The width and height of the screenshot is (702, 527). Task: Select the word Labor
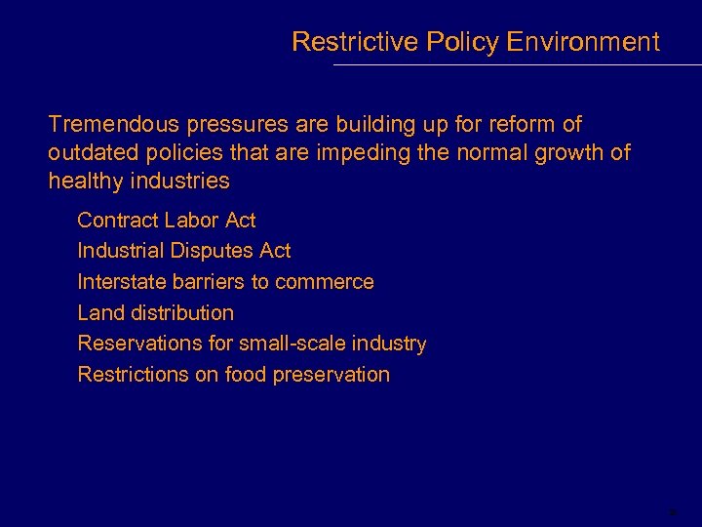193,220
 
